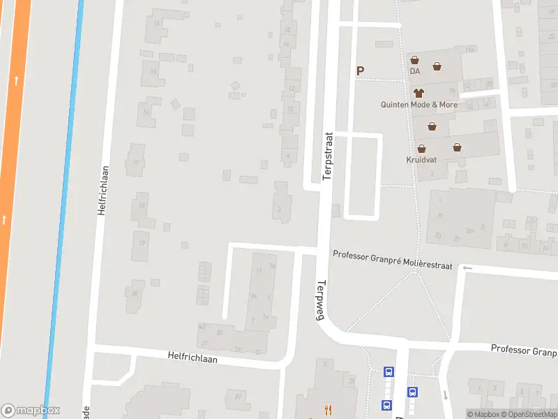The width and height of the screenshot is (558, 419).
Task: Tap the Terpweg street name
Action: tap(322, 300)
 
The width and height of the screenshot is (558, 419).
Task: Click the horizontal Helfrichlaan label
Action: tap(193, 357)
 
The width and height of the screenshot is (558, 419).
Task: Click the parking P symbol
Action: tap(361, 70)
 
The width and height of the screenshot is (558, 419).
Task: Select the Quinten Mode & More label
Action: tap(418, 105)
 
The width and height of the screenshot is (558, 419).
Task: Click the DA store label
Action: tap(415, 71)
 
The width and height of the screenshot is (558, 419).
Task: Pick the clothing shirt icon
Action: tap(418, 92)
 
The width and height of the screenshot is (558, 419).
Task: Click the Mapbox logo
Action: tap(31, 411)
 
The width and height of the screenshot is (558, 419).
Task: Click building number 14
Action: tap(157, 24)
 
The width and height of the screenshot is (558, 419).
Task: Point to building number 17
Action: tap(136, 163)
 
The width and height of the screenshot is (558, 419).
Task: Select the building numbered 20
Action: tap(135, 292)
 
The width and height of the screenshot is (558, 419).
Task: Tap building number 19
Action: tap(142, 243)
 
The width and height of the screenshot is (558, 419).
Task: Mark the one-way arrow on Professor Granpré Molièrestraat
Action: tap(467, 268)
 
